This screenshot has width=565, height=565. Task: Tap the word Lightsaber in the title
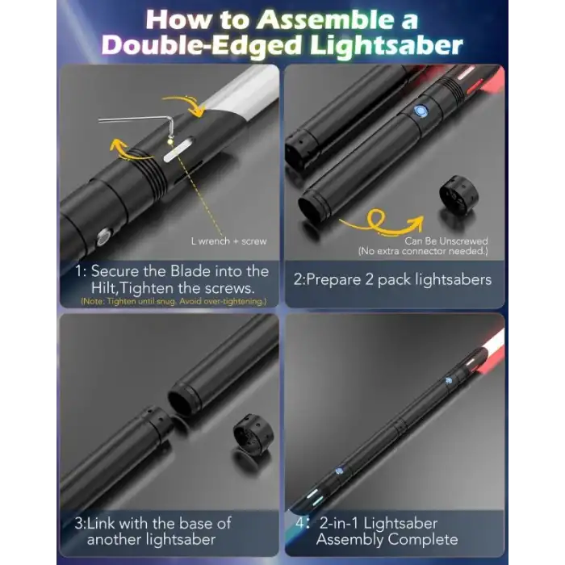click(387, 45)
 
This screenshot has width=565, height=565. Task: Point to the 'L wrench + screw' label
click(228, 241)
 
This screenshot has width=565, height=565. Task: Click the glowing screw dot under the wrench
click(170, 142)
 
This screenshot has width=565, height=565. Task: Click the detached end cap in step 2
click(458, 195)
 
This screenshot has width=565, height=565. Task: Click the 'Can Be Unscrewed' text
click(446, 241)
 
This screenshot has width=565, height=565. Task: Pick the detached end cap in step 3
click(253, 433)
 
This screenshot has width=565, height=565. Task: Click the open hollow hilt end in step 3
click(182, 401)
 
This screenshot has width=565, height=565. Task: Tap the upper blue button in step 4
click(449, 380)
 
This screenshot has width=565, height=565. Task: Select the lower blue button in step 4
click(339, 471)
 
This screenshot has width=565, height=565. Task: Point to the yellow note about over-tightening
click(174, 301)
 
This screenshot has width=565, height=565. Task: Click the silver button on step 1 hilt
click(103, 237)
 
